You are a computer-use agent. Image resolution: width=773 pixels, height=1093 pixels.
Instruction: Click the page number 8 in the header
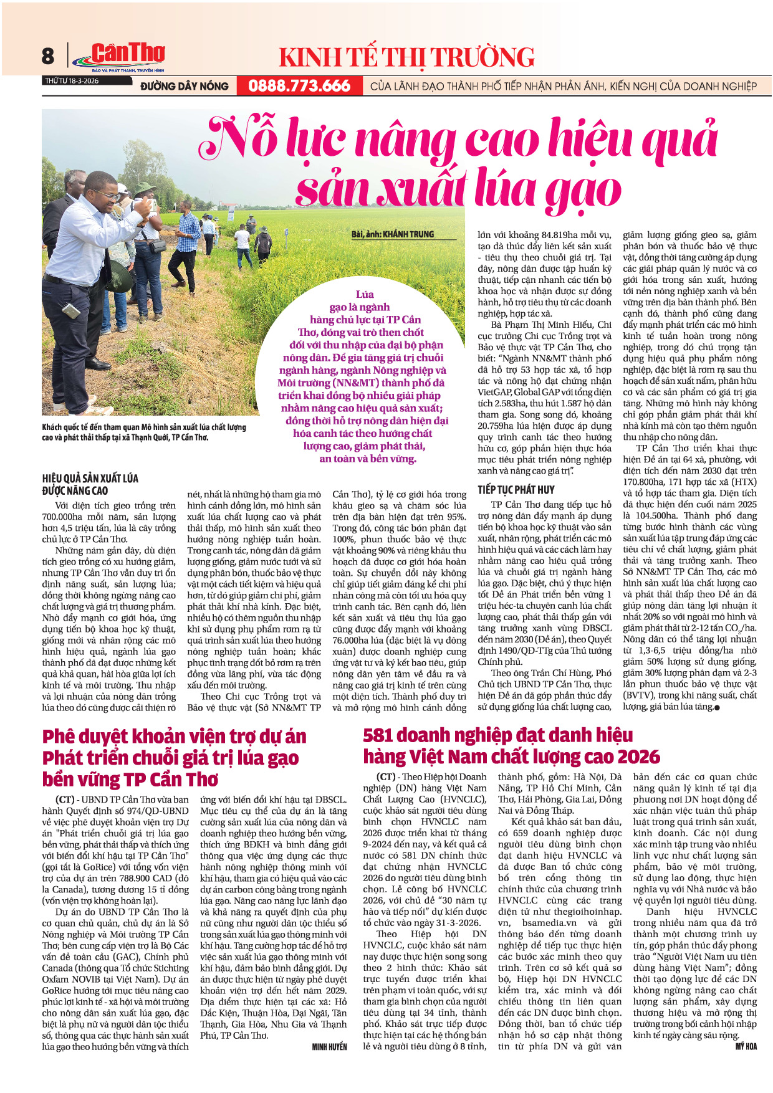(x=48, y=56)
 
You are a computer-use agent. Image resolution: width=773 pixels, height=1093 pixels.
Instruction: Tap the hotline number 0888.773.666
(x=299, y=86)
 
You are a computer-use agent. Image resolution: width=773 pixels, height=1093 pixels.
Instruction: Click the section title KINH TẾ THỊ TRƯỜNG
(x=406, y=57)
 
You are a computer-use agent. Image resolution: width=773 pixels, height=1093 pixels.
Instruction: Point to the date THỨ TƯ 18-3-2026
(x=71, y=81)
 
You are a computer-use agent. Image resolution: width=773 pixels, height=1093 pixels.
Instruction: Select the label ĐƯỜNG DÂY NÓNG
(x=185, y=86)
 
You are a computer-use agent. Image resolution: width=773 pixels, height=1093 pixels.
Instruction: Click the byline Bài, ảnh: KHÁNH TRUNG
(x=392, y=234)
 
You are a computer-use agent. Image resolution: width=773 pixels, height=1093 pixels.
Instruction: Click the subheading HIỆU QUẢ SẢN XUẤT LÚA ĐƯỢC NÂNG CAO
(x=90, y=484)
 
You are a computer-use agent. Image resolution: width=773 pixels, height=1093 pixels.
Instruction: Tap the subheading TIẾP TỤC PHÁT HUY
(x=516, y=490)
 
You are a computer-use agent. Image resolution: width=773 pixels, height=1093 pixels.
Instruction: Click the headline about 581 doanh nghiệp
(x=511, y=746)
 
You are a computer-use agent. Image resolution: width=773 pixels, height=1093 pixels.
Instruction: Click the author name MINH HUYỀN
(x=329, y=1046)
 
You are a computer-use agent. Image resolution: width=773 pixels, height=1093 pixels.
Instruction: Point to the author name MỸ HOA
(x=746, y=1046)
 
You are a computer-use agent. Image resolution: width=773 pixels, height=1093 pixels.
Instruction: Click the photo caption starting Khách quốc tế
(x=144, y=432)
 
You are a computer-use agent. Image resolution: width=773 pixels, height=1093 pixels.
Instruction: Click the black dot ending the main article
(x=718, y=707)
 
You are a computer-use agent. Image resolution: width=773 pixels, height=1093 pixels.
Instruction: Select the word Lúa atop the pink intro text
(x=365, y=294)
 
